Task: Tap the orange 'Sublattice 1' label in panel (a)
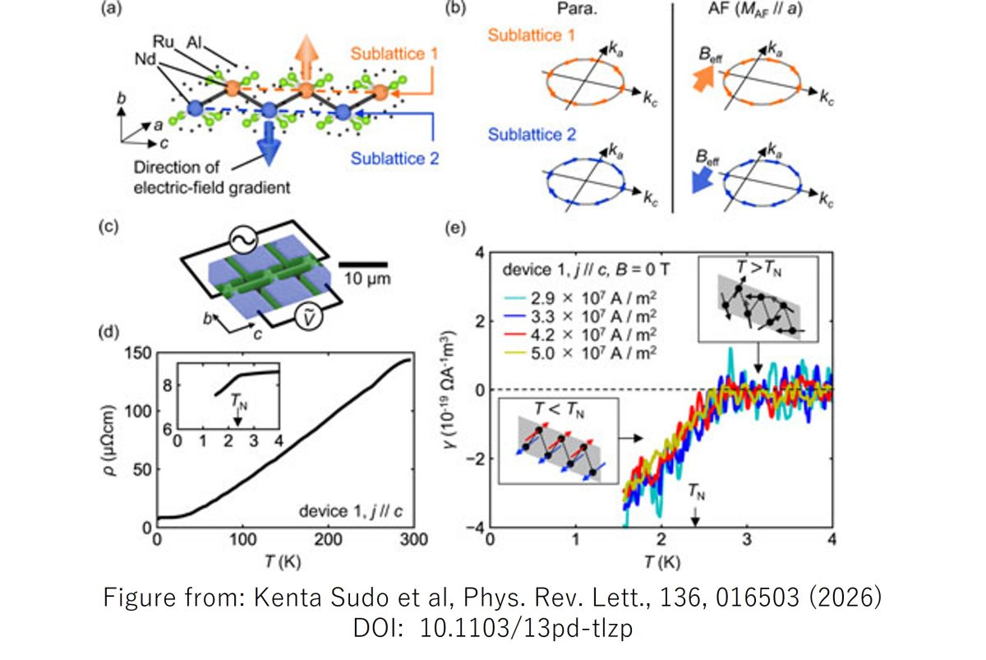(394, 54)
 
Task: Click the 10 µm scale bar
(363, 263)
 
